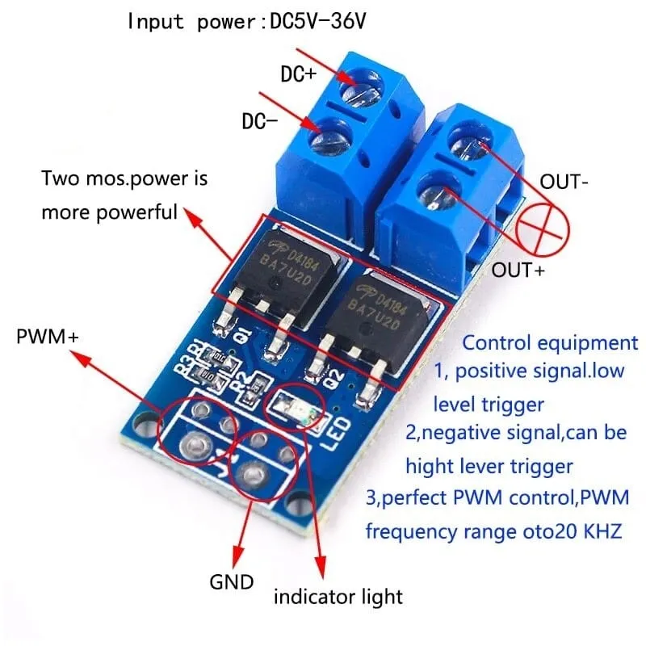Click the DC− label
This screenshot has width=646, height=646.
tap(259, 122)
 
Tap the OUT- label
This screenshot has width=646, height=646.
tap(564, 182)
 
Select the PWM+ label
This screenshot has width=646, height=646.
tap(48, 335)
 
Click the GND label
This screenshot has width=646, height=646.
tap(232, 581)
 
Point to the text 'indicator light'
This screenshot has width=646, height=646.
tap(338, 597)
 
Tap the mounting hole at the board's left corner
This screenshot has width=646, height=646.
tap(145, 422)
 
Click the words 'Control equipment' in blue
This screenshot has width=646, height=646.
tap(549, 342)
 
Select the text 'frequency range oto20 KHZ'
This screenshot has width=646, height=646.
tap(493, 532)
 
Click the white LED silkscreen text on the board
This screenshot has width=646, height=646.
tap(338, 435)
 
